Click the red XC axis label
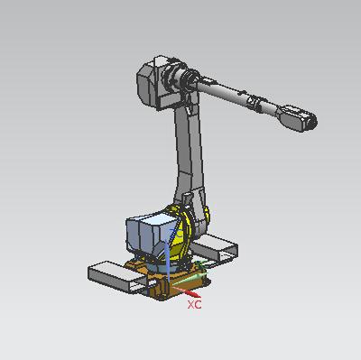(x=194, y=304)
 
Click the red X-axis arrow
(x=186, y=291)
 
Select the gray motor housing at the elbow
(x=156, y=83)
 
